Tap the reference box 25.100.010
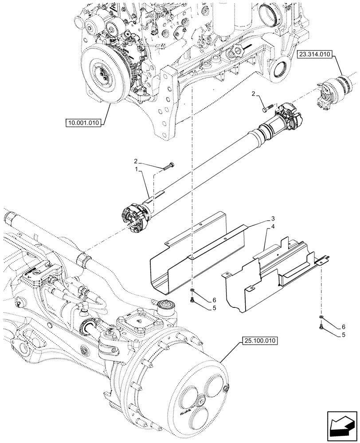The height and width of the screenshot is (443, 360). point(259,341)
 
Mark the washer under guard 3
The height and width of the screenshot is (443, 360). point(192,291)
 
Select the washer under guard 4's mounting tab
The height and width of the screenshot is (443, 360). point(320,318)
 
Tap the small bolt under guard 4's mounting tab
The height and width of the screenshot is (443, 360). point(320,328)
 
